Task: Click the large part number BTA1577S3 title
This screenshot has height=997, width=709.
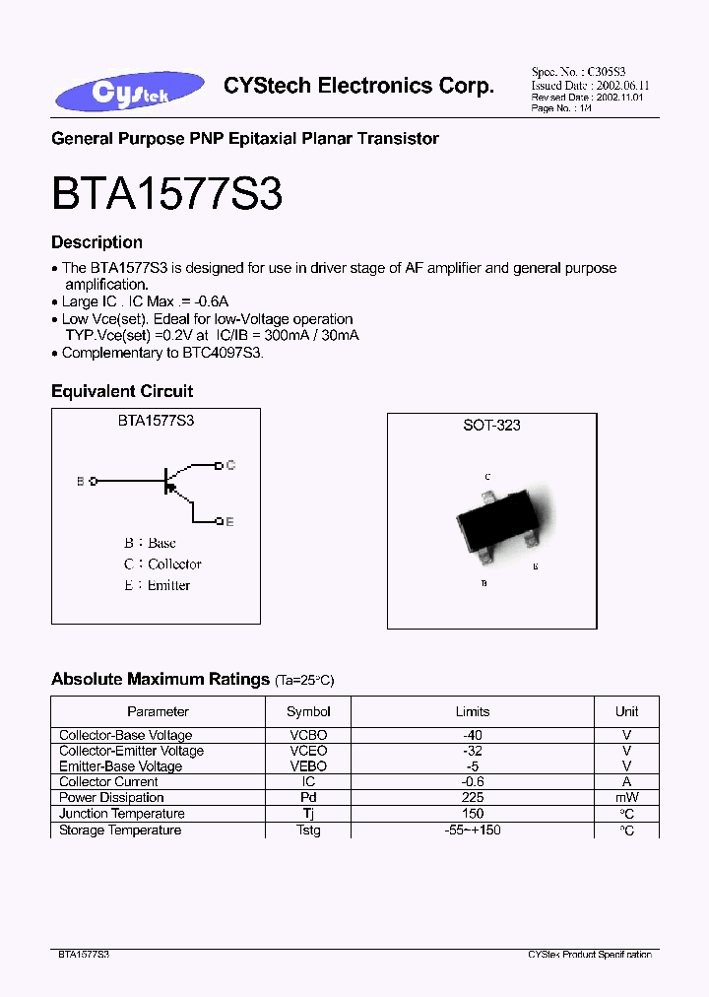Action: click(166, 194)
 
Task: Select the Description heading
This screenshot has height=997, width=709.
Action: click(97, 242)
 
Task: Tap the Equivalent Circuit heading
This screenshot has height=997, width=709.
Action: click(122, 391)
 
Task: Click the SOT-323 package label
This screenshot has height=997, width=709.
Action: click(491, 425)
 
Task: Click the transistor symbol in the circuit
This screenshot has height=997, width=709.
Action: click(171, 482)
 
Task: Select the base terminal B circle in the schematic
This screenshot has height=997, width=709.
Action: click(94, 482)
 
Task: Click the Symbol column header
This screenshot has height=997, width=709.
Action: click(308, 711)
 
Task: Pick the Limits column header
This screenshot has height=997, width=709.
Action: click(472, 711)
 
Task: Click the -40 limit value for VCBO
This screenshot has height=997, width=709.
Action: click(472, 735)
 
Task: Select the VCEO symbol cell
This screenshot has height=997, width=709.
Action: click(308, 751)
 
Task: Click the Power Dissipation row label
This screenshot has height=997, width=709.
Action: click(111, 798)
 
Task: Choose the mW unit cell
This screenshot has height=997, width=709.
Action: click(626, 798)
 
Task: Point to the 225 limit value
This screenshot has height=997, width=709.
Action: click(472, 798)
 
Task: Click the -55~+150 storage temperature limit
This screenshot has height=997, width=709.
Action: click(472, 831)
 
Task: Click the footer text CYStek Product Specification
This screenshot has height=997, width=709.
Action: click(589, 955)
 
